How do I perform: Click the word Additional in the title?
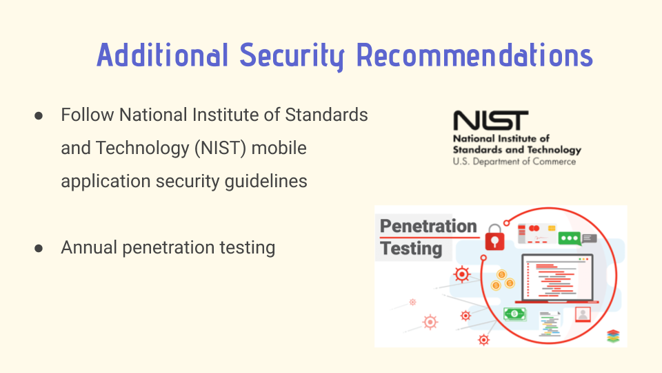[163, 55]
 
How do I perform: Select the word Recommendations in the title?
[474, 55]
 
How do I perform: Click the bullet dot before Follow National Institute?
[39, 115]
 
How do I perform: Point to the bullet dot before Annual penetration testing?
[39, 248]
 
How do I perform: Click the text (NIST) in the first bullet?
[221, 149]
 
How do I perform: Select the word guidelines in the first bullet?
[265, 182]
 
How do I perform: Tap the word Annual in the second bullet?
[89, 247]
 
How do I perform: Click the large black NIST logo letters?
[490, 120]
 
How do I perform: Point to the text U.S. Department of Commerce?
[514, 162]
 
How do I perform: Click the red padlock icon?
[494, 238]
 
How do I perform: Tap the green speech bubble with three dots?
[569, 238]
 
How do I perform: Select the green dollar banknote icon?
[514, 314]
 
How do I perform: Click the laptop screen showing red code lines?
[557, 278]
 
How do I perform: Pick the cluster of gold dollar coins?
[502, 280]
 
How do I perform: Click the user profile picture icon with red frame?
[583, 314]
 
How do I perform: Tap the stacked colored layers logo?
[613, 336]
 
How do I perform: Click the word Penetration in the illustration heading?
[428, 227]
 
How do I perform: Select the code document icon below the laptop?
[550, 323]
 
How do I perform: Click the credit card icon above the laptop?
[537, 234]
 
